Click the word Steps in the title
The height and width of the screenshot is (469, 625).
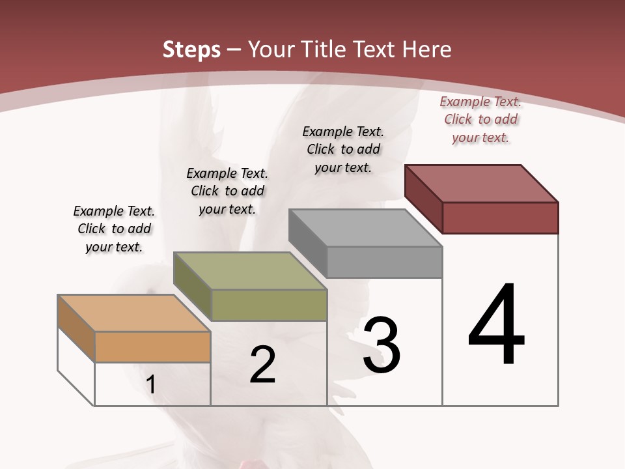191,50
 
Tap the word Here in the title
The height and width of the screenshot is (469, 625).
427,50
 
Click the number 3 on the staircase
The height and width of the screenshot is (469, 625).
381,345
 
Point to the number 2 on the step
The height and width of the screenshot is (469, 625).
262,365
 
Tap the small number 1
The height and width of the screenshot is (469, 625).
151,384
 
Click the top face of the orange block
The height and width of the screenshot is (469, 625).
134,313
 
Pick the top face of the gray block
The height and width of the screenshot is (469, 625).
365,227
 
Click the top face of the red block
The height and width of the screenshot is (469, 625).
481,183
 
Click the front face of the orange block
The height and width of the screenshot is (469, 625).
152,347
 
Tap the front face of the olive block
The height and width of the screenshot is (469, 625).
269,305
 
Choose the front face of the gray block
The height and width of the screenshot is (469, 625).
384,262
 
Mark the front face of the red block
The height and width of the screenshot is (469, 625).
500,218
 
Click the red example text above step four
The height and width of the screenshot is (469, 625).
480,119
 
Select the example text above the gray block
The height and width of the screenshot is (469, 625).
343,149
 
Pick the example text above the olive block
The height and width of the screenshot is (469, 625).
227,191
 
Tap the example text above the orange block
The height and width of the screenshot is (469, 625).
114,229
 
